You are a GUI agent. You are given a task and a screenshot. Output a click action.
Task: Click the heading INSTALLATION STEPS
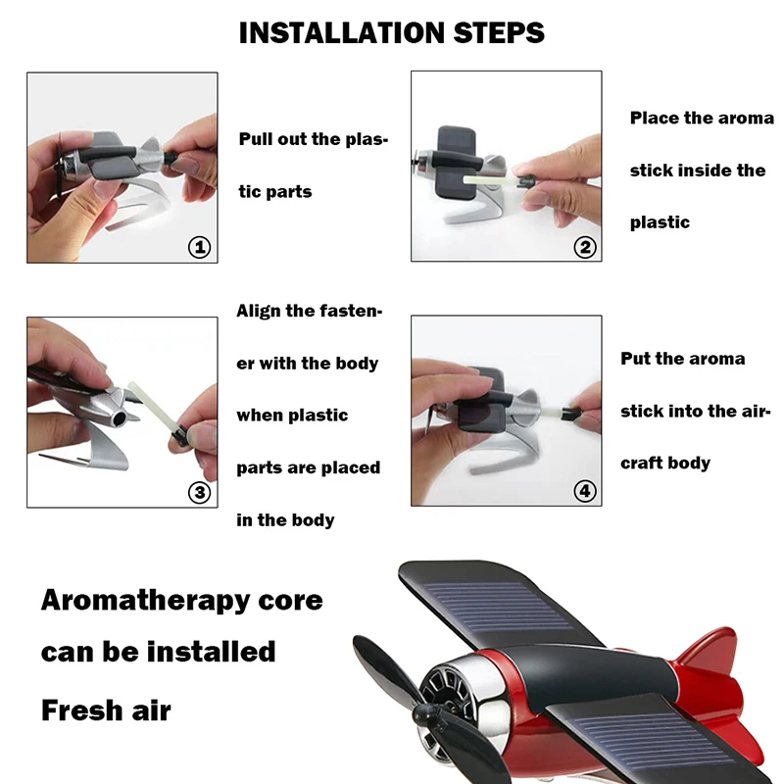click(392, 32)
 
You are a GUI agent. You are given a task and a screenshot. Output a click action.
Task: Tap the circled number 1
click(199, 247)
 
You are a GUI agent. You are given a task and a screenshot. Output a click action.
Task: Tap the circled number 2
click(585, 247)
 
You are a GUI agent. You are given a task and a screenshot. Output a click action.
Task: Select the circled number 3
click(199, 492)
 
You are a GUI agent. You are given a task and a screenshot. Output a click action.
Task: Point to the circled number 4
click(585, 492)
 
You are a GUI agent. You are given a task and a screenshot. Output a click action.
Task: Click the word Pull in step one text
click(260, 139)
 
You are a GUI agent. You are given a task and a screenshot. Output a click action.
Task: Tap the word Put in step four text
click(637, 359)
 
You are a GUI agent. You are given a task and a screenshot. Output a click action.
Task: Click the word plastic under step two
click(660, 222)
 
